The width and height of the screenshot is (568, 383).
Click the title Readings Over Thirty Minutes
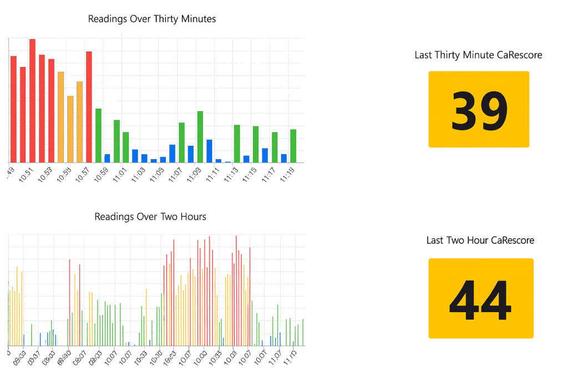152,19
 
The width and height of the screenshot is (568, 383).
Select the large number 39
479,110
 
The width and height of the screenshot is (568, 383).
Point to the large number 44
480,299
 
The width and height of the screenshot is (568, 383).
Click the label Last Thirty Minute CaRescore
478,55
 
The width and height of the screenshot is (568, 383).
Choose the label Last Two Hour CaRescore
480,240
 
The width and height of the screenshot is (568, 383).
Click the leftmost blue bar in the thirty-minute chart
108,158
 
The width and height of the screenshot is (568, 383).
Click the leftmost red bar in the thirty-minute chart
13,109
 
